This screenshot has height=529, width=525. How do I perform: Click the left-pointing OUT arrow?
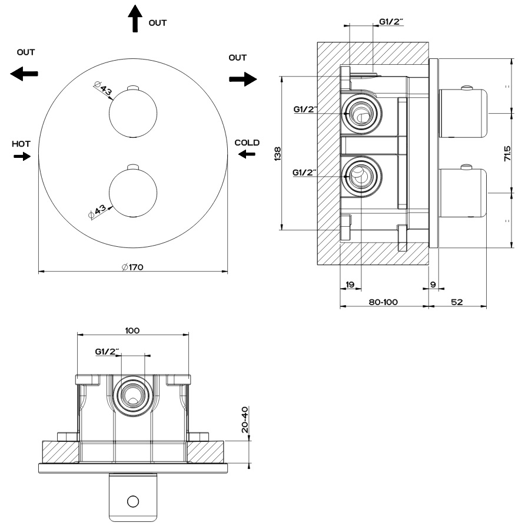click(25, 74)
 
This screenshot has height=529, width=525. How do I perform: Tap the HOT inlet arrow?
click(22, 156)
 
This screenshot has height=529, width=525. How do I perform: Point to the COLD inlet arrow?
click(247, 154)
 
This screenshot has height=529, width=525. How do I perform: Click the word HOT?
click(21, 144)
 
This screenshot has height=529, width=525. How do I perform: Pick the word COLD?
click(247, 143)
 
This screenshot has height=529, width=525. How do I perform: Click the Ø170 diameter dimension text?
click(133, 267)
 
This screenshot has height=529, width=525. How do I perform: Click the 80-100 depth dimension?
click(383, 302)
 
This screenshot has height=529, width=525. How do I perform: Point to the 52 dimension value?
click(457, 302)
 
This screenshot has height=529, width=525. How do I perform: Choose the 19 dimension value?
click(350, 285)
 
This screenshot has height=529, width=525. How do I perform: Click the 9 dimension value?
click(433, 285)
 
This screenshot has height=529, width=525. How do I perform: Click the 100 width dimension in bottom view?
click(132, 330)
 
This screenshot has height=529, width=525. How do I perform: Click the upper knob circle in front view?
click(133, 113)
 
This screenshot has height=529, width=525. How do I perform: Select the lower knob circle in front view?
click(133, 192)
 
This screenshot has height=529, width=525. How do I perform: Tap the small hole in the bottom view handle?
click(133, 501)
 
